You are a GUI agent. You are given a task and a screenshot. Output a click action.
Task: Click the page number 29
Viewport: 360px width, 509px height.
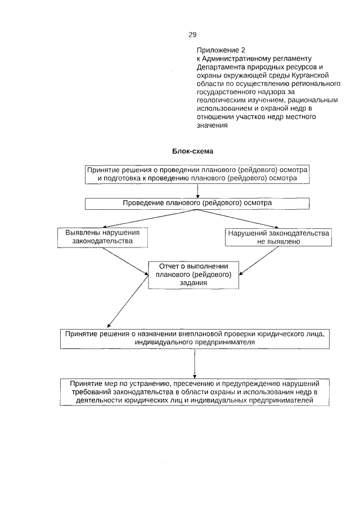tap(192, 35)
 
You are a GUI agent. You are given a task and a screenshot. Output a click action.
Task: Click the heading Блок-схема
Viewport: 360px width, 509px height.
tap(193, 151)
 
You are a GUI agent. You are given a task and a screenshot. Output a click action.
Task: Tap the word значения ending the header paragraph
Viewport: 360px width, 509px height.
tap(211, 125)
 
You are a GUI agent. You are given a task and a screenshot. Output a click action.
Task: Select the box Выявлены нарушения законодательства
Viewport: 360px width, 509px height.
tap(103, 237)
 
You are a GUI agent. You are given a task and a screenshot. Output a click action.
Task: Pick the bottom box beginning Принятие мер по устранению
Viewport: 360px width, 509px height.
tap(194, 391)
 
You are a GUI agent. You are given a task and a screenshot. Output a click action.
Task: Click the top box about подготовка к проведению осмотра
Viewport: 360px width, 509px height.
tap(197, 174)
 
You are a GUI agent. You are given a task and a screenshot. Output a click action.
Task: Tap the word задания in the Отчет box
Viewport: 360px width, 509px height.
tap(193, 283)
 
